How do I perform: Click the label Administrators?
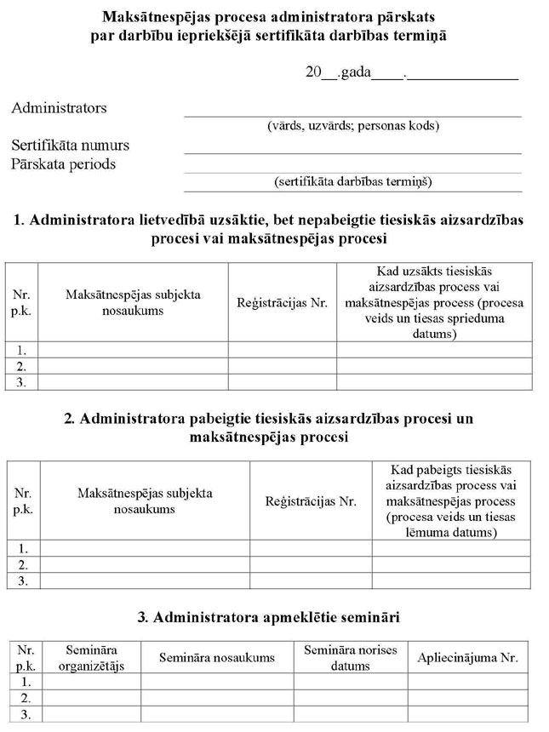point(59,108)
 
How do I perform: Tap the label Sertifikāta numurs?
point(70,146)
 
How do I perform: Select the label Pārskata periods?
point(63,163)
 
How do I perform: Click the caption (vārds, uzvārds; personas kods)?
point(353,126)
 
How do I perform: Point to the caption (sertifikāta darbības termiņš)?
point(353,182)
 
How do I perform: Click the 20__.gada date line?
point(412,72)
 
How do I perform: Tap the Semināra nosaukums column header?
point(217,657)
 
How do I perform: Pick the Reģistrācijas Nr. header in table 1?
point(282,302)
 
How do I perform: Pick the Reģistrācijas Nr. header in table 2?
point(311,501)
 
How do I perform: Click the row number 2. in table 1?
point(22,366)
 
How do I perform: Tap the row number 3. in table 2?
point(24,580)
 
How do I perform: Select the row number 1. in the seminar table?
point(26,682)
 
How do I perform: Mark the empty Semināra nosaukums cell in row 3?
point(217,714)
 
